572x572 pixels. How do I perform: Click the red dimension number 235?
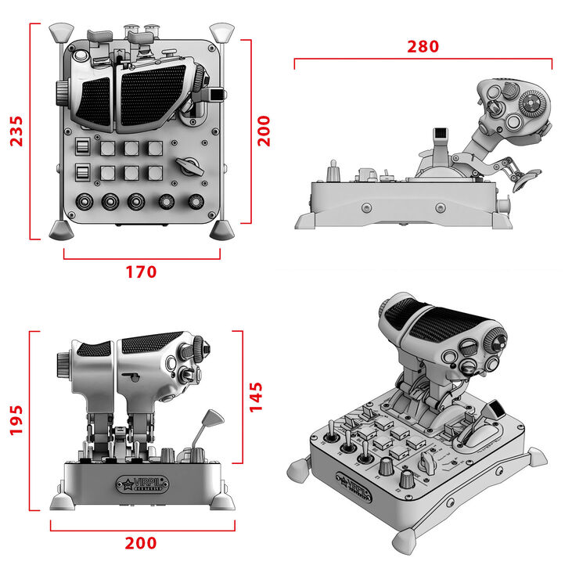16,131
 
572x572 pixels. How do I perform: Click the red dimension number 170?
141,272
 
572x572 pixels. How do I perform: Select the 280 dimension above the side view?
423,46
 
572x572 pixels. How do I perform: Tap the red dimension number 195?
16,421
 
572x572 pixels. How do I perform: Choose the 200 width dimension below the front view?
141,543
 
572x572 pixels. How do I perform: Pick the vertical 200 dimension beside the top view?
263,131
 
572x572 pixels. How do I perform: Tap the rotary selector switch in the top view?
189,166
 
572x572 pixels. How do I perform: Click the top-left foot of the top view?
59,32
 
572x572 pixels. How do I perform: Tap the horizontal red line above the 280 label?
423,59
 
